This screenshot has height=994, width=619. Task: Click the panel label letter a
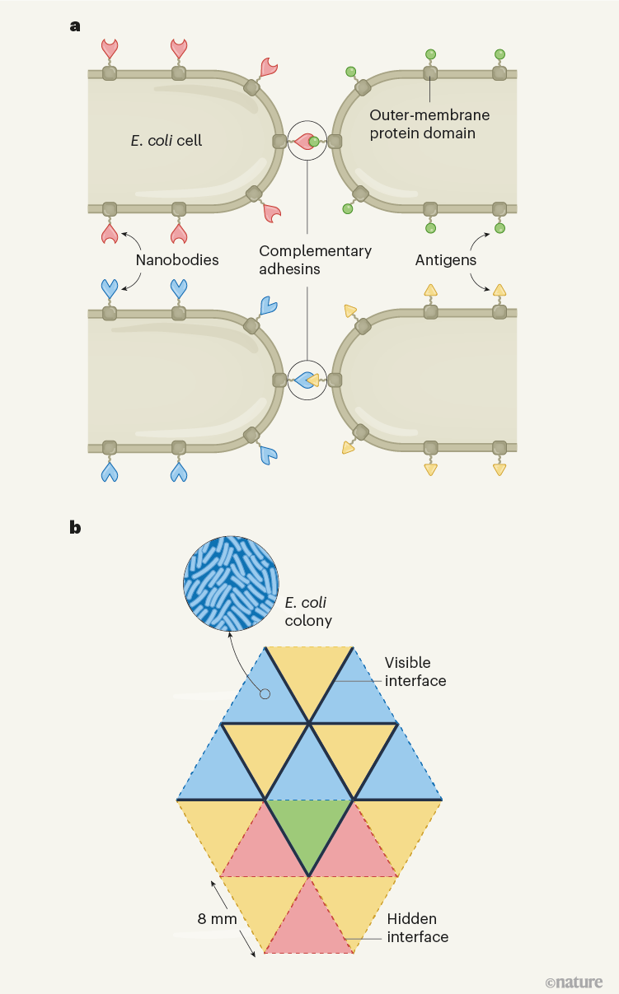tap(75, 26)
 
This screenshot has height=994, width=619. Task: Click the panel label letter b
tap(75, 527)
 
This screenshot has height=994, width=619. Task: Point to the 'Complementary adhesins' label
tap(315, 260)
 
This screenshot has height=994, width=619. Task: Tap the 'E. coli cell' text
tap(166, 140)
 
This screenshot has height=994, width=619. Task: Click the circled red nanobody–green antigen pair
tap(307, 141)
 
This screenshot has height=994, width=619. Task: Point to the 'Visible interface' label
tap(415, 671)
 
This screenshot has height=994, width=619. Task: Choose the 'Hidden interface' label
tap(418, 927)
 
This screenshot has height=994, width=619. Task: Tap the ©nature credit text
tap(574, 982)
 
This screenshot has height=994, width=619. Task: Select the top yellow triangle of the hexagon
tap(308, 671)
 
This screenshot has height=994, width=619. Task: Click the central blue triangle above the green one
tap(308, 770)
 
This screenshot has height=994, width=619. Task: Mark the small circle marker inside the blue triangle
tap(265, 694)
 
